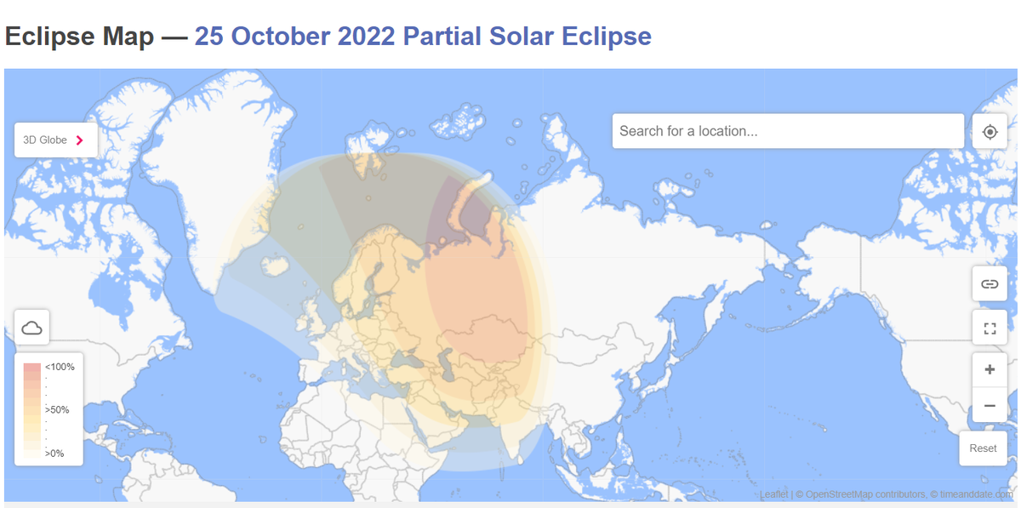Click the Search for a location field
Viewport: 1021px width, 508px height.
click(787, 131)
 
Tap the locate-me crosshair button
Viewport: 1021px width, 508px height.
click(990, 132)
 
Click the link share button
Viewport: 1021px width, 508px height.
click(990, 283)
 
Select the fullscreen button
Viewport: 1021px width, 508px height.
click(990, 328)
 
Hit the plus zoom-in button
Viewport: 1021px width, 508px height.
click(990, 370)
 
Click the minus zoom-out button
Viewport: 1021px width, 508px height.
click(990, 406)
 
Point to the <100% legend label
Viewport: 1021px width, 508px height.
click(60, 367)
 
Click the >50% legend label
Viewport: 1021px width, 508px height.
click(57, 410)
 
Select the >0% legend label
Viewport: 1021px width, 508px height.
click(54, 454)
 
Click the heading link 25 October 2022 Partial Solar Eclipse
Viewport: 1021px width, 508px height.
click(423, 37)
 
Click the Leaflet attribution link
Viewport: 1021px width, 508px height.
click(773, 494)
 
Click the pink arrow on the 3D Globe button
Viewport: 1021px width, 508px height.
click(80, 140)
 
